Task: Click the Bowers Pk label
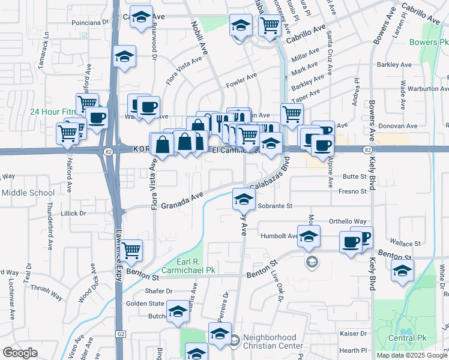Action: coord(429,43)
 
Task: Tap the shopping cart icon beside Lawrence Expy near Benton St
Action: coord(131,250)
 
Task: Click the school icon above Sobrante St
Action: coord(244,201)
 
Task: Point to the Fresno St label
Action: coord(352,191)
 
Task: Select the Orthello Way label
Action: coord(348,221)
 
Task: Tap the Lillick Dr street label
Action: coord(74,213)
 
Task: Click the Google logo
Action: coord(20,352)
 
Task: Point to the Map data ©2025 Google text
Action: coord(412,355)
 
